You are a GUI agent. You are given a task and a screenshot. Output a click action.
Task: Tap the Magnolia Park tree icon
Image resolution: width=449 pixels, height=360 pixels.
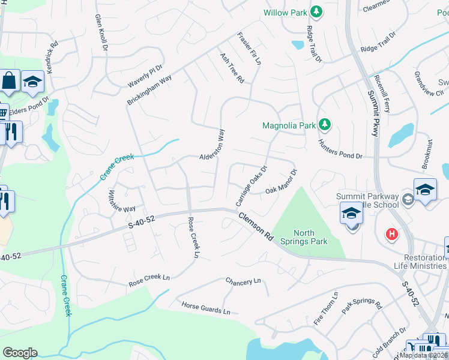pos(325,125)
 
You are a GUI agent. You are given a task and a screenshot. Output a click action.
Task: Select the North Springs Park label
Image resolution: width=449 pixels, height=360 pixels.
pos(310,237)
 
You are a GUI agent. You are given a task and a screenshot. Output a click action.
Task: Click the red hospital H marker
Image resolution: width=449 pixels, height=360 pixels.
pos(392,233)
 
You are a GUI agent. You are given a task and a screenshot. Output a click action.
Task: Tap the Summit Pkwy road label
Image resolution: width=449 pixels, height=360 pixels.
pos(373,114)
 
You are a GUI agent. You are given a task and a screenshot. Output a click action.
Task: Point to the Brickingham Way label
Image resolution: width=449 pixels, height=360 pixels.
pos(149,91)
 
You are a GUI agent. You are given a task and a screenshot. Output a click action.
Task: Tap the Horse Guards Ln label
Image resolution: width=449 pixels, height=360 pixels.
pos(206,308)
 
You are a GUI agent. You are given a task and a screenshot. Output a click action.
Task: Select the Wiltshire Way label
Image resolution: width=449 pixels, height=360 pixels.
pos(122,201)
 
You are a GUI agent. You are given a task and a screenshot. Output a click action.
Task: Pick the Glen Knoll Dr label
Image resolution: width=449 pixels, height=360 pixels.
pos(101,32)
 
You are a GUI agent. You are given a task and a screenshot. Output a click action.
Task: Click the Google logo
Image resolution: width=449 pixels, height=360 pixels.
pos(20,353)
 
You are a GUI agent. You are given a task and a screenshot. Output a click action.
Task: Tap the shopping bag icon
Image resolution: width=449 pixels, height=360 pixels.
pos(10,80)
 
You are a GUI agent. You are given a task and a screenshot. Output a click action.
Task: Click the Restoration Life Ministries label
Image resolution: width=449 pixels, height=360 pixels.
pos(417,262)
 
